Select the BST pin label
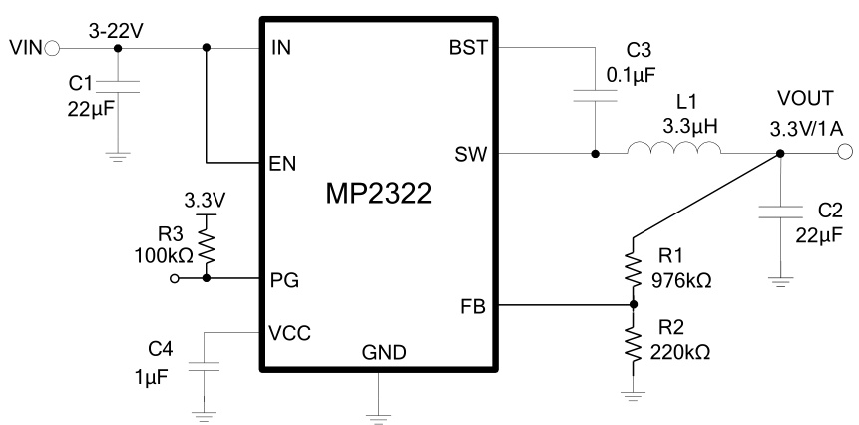pos(467,48)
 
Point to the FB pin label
pos(473,306)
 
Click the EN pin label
pos(283,164)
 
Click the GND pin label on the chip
pos(378,353)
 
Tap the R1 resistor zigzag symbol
pos(632,267)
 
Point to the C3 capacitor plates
pos(596,98)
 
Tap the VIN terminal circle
pos(52,47)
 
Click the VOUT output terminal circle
pos(844,153)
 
